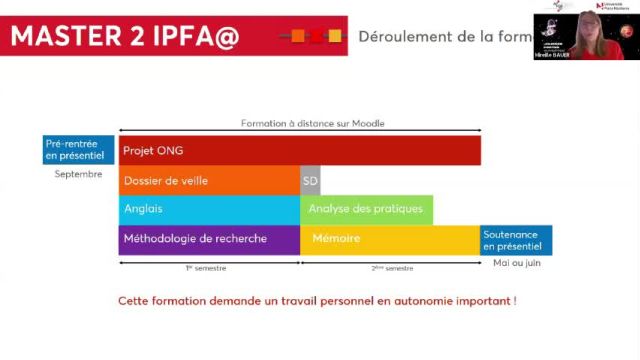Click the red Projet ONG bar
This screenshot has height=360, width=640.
pyautogui.click(x=300, y=151)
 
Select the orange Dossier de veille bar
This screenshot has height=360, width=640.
pyautogui.click(x=209, y=181)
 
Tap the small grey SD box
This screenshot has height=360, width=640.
pyautogui.click(x=310, y=181)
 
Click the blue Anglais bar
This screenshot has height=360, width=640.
pyautogui.click(x=209, y=210)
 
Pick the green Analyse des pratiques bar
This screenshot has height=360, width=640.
pyautogui.click(x=366, y=210)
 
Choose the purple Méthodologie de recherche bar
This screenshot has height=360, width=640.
pyautogui.click(x=209, y=239)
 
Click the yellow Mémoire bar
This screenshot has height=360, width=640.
pyautogui.click(x=390, y=239)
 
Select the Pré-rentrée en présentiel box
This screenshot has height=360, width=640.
pyautogui.click(x=79, y=150)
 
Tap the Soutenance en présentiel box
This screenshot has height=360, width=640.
pyautogui.click(x=516, y=240)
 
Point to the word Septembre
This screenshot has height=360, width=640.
pyautogui.click(x=78, y=174)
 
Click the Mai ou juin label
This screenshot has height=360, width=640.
pyautogui.click(x=515, y=263)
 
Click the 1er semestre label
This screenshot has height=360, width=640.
pyautogui.click(x=206, y=268)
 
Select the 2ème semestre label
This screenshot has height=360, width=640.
pyautogui.click(x=391, y=268)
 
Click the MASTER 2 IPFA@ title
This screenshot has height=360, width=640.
pyautogui.click(x=125, y=36)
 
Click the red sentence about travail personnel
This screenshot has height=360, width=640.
pyautogui.click(x=317, y=301)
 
